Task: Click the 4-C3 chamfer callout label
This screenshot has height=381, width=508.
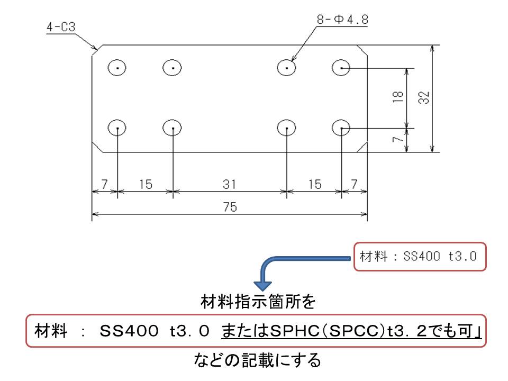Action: pos(61,27)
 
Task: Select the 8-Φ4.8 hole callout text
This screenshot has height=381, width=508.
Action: pos(342,20)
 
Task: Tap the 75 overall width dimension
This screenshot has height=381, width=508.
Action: pos(230,207)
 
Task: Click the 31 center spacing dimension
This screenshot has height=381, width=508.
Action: pos(229,184)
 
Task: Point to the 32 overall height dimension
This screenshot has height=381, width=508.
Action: pos(424,97)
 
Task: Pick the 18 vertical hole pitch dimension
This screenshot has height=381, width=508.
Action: pos(398,96)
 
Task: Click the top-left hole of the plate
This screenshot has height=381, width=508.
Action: pos(117,68)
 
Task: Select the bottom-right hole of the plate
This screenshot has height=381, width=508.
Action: pos(341,128)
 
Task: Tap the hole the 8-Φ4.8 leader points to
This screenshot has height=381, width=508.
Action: pos(286,68)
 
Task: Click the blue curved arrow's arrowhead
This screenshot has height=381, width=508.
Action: pos(263,285)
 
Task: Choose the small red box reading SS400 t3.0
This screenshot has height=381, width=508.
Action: pos(420,256)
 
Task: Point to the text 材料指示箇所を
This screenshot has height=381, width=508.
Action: pos(258,301)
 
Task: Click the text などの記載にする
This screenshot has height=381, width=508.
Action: pos(257,360)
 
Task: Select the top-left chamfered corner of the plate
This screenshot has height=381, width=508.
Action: pos(97,50)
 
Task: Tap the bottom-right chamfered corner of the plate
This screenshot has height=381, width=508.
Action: pos(362,147)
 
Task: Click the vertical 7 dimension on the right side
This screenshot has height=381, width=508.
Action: pos(398,139)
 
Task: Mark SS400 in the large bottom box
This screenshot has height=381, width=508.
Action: pos(129,331)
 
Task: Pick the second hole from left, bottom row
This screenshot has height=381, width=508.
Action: pos(172,128)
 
